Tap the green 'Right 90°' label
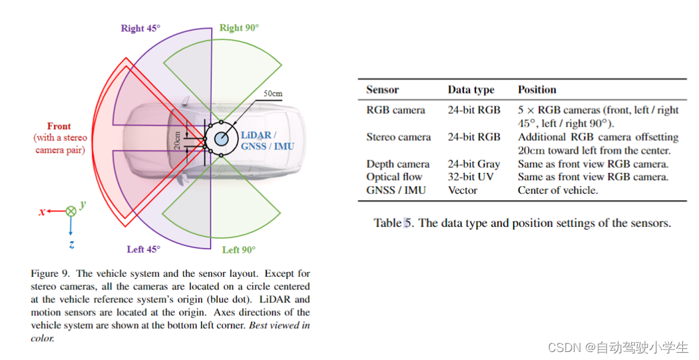[239, 28]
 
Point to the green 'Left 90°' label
[240, 250]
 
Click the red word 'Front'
[59, 126]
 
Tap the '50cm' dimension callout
[273, 94]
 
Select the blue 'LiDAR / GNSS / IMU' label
[266, 140]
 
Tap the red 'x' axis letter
[42, 212]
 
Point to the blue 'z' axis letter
[71, 244]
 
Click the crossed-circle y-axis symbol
[70, 211]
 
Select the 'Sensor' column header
[382, 90]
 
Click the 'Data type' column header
[471, 90]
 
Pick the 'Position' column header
[537, 90]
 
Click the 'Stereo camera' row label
[398, 137]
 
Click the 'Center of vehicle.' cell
[558, 190]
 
